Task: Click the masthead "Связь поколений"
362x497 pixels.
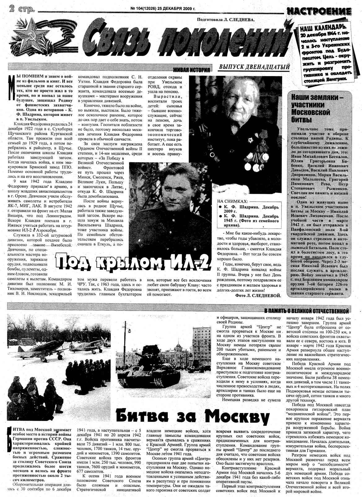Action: [186, 39]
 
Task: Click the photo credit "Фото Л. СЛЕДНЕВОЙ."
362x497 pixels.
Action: [258, 296]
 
